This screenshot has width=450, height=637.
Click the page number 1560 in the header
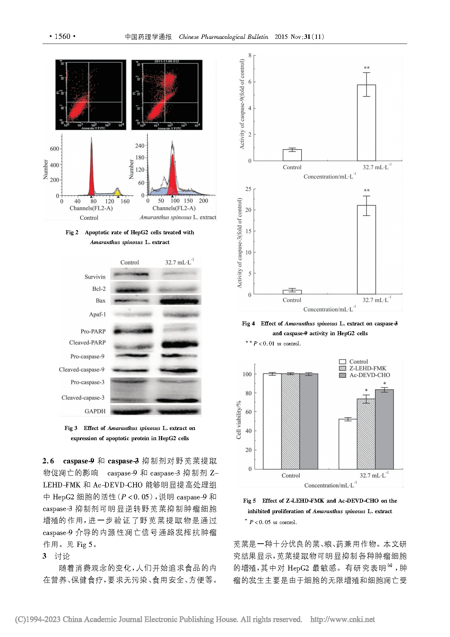pos(62,36)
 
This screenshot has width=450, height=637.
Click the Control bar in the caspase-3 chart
pos(292,292)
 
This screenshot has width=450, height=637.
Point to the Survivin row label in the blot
pos(95,277)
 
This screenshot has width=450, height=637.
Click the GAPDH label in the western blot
pos(95,411)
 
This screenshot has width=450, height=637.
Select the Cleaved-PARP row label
pos(87,342)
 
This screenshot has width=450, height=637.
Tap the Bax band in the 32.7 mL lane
pos(180,301)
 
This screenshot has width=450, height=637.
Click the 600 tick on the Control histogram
pos(54,149)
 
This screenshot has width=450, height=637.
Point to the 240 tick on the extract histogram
pos(140,146)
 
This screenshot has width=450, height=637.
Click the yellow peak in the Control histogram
pos(117,191)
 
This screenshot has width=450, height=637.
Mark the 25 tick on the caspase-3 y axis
pos(248,189)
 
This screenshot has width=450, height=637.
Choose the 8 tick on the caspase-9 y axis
pos(250,55)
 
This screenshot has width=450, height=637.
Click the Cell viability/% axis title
pos(239,420)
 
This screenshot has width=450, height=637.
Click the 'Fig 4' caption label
pos(248,323)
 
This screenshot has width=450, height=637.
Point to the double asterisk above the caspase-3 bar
pos(367,191)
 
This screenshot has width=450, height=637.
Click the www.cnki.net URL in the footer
pos(342,619)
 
